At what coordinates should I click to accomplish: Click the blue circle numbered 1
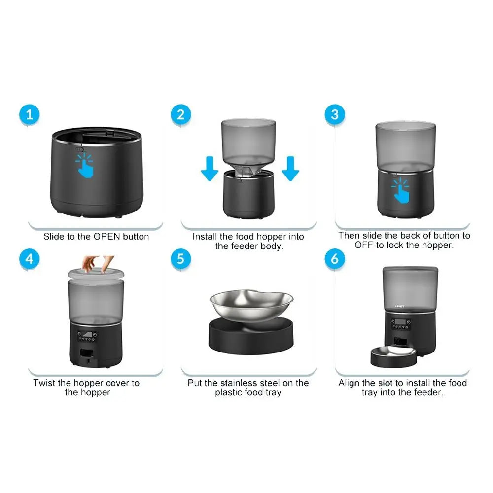click(x=30, y=115)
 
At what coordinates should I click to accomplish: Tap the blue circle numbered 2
click(x=181, y=115)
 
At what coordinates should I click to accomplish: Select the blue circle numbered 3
click(x=335, y=115)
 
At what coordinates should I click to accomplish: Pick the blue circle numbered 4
click(x=30, y=258)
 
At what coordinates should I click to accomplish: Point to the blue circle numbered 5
click(x=181, y=258)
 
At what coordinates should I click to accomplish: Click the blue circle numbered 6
click(x=335, y=258)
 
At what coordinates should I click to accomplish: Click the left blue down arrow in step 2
click(x=210, y=169)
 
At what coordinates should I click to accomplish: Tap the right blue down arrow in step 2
click(x=290, y=169)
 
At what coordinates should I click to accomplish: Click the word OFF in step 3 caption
click(x=364, y=245)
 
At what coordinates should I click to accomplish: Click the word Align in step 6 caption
click(x=350, y=383)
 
